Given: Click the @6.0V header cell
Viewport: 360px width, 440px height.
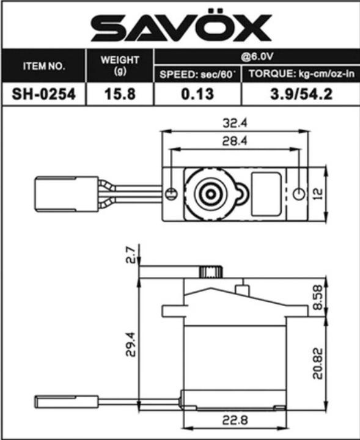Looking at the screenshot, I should tap(256, 57).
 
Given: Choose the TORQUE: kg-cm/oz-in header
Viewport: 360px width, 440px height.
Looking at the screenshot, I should tap(300, 75).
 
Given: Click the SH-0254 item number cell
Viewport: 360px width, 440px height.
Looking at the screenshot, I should tap(43, 95).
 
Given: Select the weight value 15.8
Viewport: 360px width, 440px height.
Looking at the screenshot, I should tap(120, 95).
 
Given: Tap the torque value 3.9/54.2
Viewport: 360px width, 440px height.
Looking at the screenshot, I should tap(300, 95).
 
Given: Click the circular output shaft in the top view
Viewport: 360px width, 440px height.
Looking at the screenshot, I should tap(210, 194).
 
